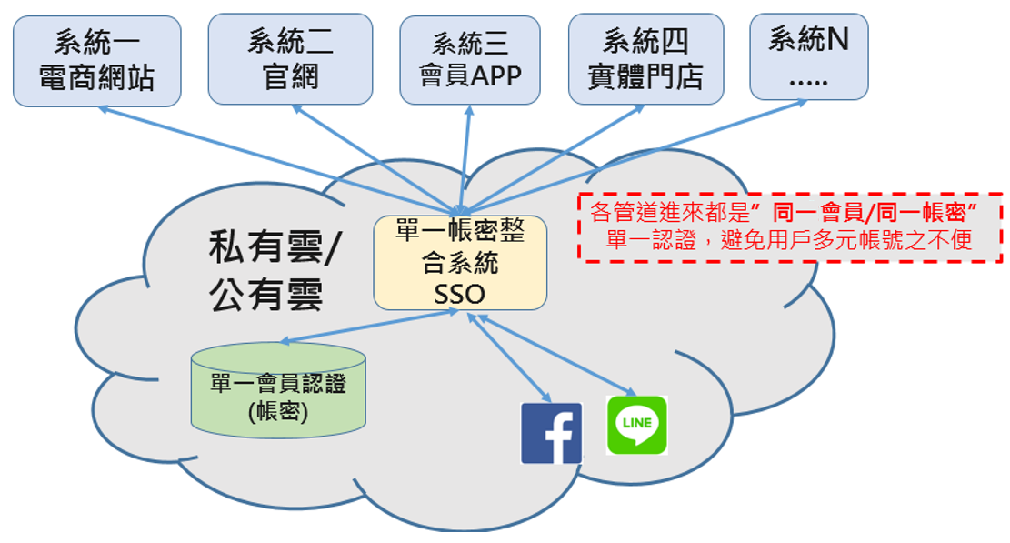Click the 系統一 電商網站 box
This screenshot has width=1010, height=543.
(x=97, y=61)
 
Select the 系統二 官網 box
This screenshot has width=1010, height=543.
(x=290, y=59)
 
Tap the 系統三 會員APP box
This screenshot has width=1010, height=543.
(x=470, y=59)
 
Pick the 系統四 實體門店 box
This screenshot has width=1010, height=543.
(x=645, y=59)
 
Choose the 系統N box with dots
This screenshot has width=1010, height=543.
(x=808, y=56)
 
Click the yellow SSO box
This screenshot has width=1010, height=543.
(x=460, y=262)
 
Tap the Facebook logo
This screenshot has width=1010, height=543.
(x=551, y=433)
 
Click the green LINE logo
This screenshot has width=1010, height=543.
(x=636, y=425)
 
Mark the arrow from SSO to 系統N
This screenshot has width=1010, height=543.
(x=636, y=154)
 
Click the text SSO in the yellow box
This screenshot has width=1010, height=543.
(x=461, y=294)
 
